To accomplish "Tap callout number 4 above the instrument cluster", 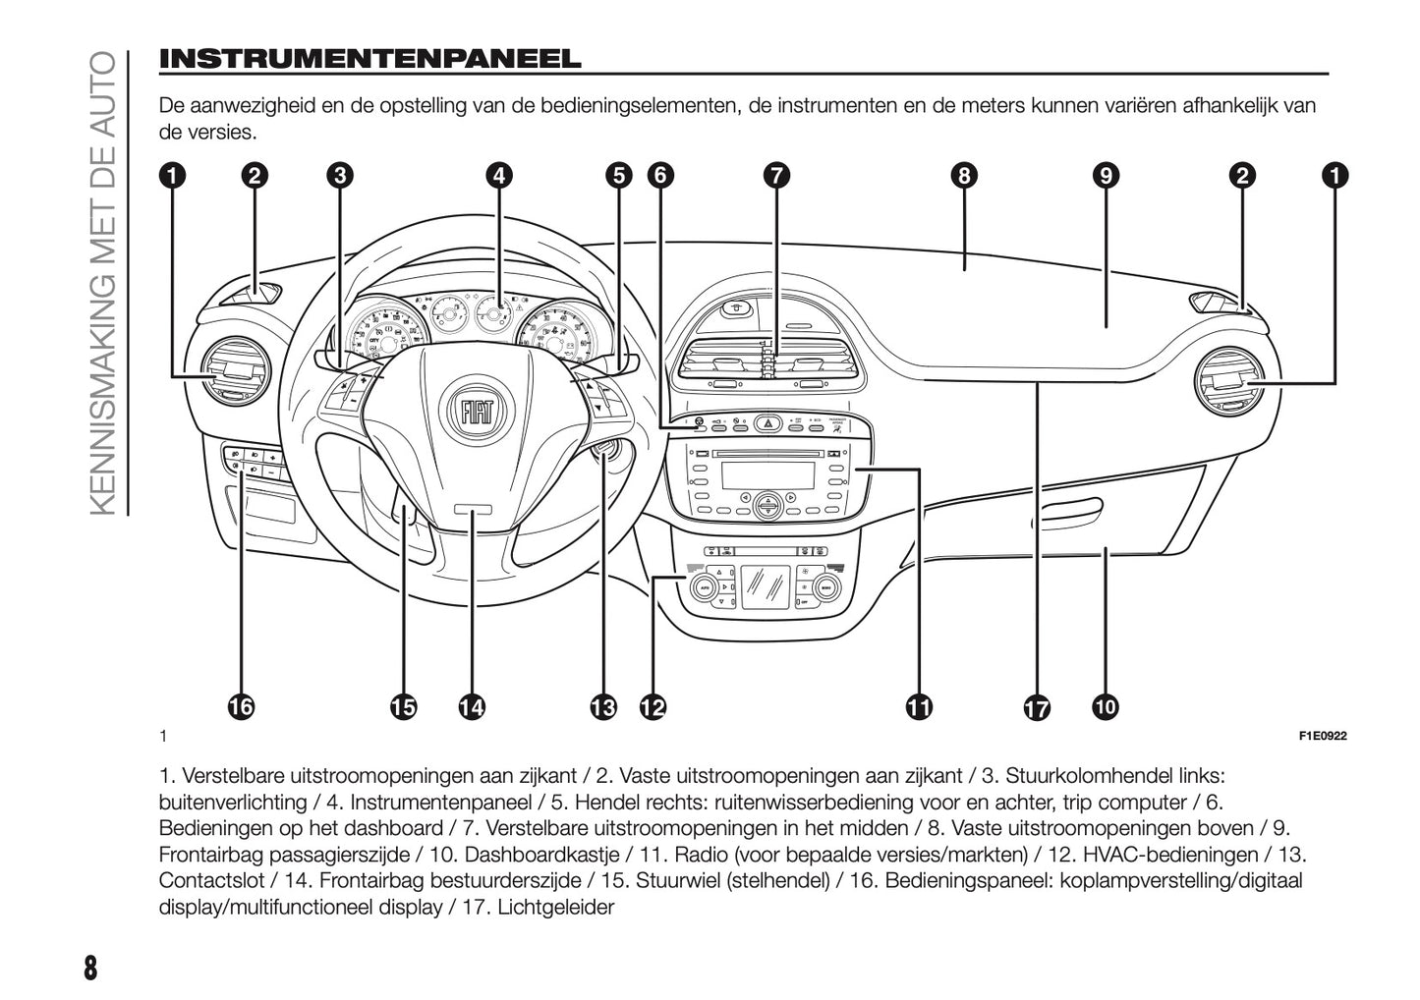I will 499,176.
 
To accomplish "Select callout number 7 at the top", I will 775,176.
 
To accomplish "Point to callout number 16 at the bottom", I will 241,706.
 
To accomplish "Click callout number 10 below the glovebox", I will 1104,706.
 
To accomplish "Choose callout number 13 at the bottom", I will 602,706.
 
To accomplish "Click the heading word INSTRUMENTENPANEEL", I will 370,59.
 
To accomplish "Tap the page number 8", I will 90,967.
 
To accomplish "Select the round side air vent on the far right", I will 1230,380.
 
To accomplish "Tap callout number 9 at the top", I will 1106,176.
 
